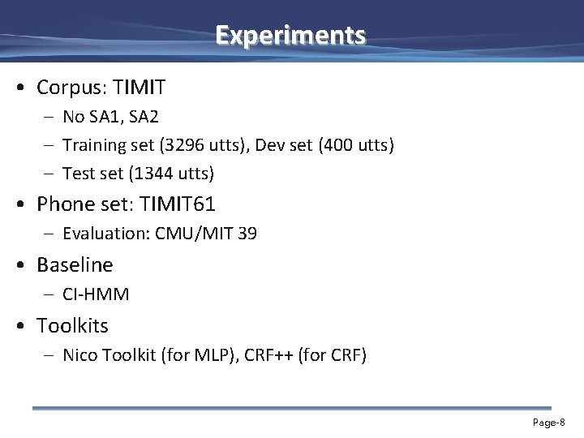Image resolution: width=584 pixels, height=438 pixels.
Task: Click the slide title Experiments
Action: pos(291,36)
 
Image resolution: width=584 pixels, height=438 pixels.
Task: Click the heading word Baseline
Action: pos(75,264)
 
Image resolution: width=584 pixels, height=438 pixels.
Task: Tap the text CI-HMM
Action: pos(96,294)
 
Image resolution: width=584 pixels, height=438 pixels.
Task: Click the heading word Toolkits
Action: pos(73,325)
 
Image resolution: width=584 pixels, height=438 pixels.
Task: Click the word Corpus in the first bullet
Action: pos(66,87)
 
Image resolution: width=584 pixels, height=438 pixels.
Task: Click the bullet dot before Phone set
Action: pos(27,204)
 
